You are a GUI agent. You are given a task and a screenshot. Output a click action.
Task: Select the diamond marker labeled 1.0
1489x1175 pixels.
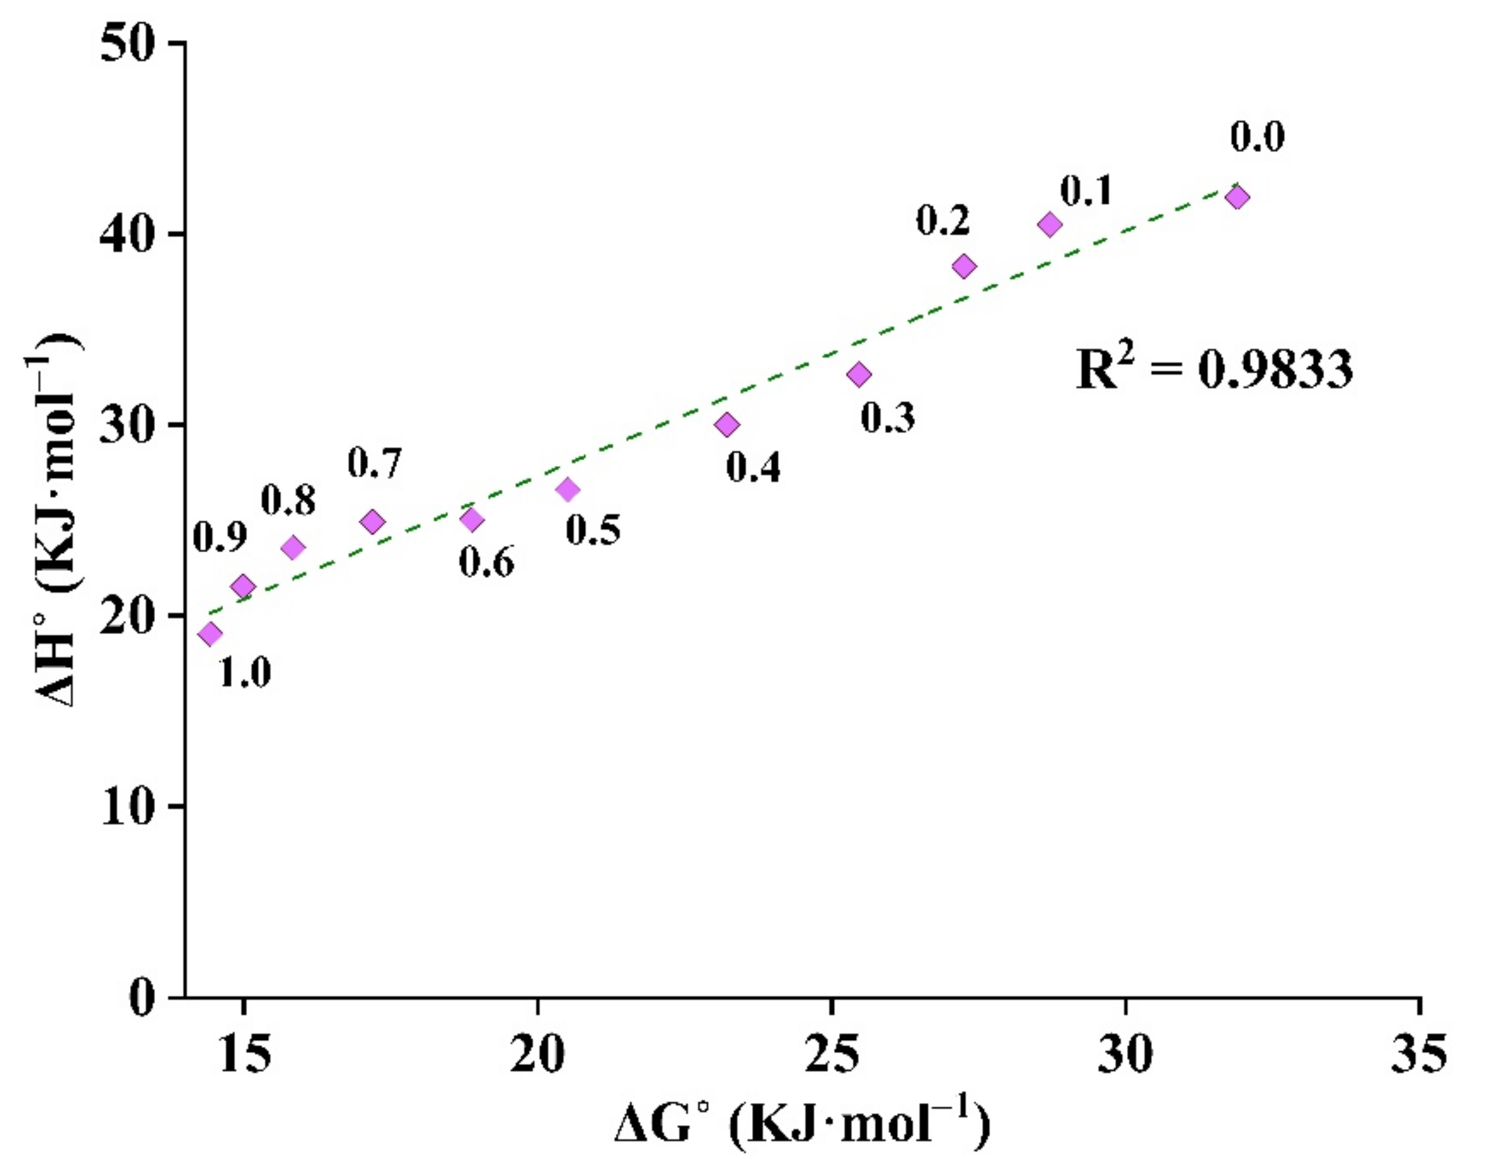tap(211, 633)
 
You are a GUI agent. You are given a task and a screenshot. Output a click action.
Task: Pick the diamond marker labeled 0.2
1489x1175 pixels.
tap(965, 266)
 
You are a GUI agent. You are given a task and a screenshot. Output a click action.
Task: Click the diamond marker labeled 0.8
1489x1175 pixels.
tap(294, 548)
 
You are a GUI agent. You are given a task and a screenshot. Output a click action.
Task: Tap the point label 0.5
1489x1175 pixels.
tap(593, 529)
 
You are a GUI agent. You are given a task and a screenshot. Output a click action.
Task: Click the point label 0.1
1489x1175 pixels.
tap(1086, 191)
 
